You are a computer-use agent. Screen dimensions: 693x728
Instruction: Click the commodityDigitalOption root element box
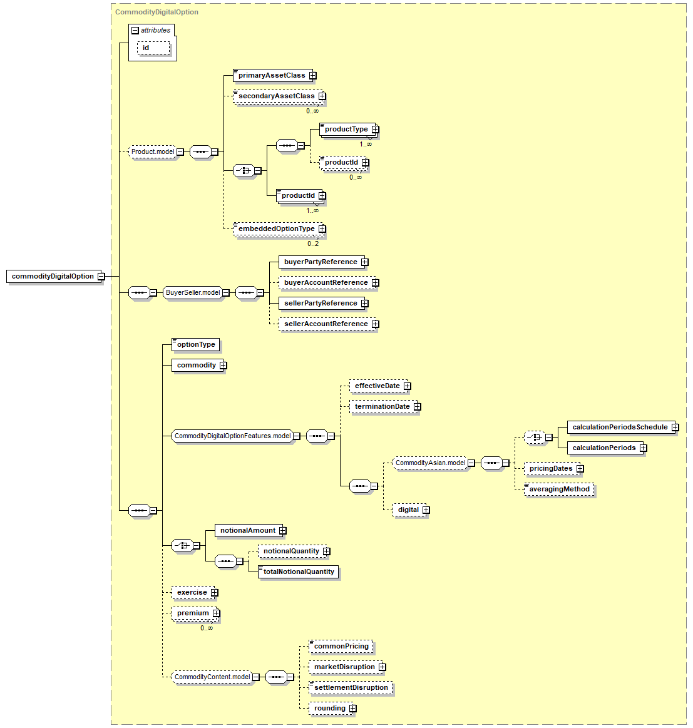coord(53,276)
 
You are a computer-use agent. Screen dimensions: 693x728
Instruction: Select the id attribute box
coord(153,48)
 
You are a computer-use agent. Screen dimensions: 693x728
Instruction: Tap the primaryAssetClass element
coord(272,75)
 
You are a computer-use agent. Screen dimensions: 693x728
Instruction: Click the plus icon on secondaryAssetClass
coord(322,96)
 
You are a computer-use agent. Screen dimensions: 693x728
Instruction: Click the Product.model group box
coord(153,152)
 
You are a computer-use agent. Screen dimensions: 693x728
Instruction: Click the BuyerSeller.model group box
coord(193,292)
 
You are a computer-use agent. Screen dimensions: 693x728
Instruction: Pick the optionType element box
coord(195,344)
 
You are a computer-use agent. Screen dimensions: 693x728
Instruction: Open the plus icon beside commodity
coord(223,366)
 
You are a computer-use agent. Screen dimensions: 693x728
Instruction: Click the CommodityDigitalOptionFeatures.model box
coord(233,436)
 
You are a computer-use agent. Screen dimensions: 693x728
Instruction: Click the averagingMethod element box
coord(559,490)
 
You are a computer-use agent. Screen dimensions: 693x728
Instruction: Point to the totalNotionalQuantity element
coord(298,572)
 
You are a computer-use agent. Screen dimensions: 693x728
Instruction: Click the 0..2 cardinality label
coord(313,244)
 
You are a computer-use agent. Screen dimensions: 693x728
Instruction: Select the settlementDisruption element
coord(351,687)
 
